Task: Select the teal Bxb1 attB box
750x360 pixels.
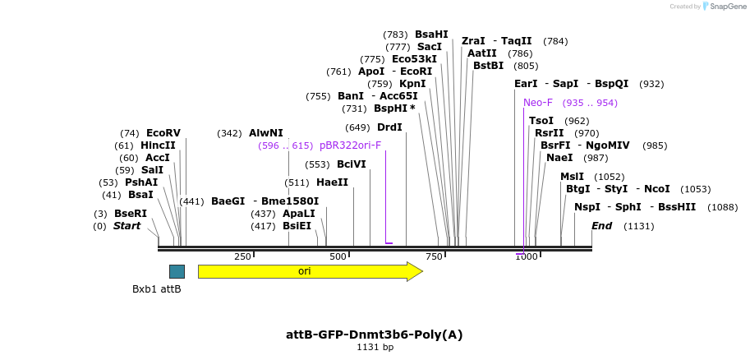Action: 177,271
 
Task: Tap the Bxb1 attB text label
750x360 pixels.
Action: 157,289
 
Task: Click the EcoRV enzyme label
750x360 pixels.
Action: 163,133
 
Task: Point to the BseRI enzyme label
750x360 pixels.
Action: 131,214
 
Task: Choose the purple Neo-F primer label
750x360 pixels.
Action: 538,103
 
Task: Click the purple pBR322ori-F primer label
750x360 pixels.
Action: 350,145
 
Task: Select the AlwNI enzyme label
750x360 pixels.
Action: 265,133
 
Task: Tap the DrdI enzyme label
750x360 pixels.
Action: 389,127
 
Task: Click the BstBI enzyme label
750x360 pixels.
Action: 488,66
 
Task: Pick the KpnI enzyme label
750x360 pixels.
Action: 412,84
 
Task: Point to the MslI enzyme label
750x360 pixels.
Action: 572,177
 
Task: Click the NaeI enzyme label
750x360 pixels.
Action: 559,158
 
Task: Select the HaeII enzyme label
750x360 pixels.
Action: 332,182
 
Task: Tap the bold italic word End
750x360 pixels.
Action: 601,226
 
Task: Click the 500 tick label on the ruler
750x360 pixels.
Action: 338,257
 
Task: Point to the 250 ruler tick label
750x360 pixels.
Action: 242,257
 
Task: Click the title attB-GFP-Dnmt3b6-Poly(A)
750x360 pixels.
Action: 375,335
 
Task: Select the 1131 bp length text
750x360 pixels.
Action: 375,348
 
